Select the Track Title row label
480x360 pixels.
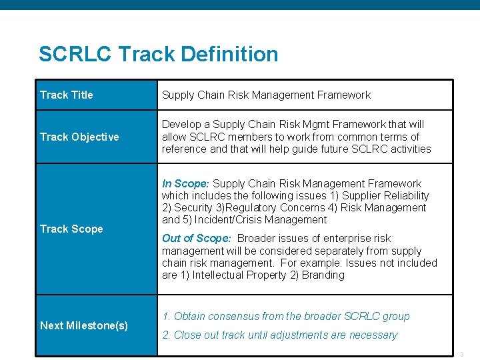(x=67, y=95)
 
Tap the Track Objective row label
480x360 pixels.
(x=79, y=137)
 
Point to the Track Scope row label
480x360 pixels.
(x=71, y=229)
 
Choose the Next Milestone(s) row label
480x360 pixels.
(x=84, y=325)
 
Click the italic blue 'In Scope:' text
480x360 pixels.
(x=185, y=183)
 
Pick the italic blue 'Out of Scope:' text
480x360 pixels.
(x=197, y=238)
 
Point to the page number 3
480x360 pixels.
(x=461, y=353)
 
